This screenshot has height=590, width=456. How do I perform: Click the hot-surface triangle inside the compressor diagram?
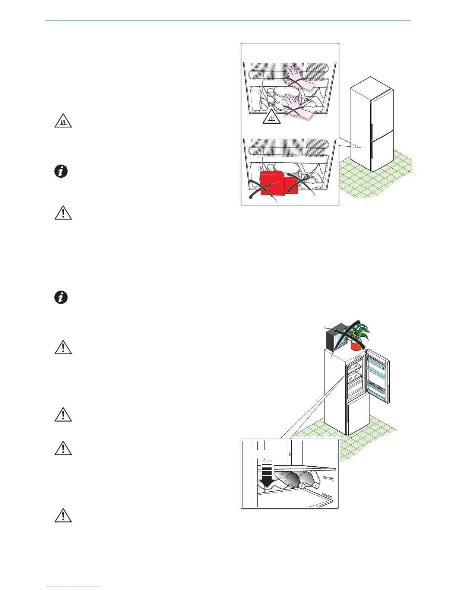(271, 118)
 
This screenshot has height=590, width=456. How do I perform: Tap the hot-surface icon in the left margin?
(63, 121)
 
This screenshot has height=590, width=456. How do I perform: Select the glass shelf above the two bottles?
(298, 469)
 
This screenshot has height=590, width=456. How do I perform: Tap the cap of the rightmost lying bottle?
(316, 485)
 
